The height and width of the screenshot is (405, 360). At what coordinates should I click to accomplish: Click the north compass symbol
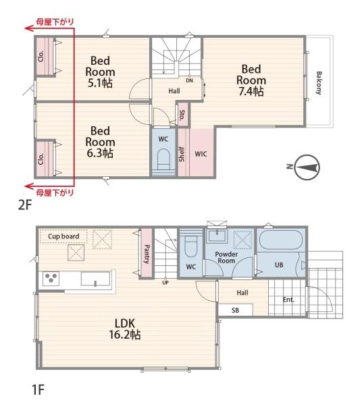(x=307, y=167)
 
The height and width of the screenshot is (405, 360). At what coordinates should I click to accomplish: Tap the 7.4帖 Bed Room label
(x=251, y=80)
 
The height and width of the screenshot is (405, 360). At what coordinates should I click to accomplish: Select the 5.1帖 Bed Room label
(x=100, y=72)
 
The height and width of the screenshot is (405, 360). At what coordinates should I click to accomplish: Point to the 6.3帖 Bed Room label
(x=100, y=142)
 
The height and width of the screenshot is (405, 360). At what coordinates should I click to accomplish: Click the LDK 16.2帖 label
(x=125, y=329)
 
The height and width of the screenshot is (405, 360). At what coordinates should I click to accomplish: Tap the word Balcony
(x=319, y=83)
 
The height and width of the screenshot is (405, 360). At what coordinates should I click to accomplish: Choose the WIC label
(x=201, y=154)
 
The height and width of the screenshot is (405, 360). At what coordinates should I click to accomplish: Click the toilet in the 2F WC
(x=163, y=159)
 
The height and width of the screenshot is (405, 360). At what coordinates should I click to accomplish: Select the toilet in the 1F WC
(x=191, y=246)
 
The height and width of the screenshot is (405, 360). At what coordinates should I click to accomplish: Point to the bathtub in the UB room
(x=281, y=240)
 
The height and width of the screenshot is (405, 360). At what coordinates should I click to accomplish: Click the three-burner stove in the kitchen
(x=51, y=278)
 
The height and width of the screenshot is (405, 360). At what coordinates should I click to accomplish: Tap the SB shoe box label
(x=235, y=310)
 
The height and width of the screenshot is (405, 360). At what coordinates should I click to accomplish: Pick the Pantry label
(x=147, y=254)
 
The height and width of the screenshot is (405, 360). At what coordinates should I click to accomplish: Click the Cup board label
(x=63, y=236)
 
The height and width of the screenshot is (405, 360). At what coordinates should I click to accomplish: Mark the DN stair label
(x=189, y=80)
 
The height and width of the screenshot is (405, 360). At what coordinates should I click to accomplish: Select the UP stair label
(x=165, y=283)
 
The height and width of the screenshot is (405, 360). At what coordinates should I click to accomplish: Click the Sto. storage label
(x=182, y=115)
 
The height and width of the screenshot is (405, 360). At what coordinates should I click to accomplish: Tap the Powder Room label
(x=226, y=257)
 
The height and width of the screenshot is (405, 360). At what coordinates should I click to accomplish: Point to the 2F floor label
(x=25, y=205)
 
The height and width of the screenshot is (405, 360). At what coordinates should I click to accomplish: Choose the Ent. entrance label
(x=288, y=300)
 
